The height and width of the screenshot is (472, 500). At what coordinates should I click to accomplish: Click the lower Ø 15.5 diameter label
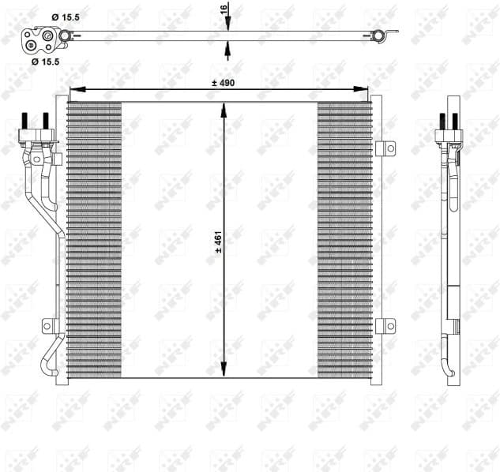45,60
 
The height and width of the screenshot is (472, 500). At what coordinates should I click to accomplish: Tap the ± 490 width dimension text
223,82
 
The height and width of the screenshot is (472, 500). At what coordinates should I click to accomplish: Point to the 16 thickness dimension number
224,9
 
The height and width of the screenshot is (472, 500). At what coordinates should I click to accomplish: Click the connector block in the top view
40,37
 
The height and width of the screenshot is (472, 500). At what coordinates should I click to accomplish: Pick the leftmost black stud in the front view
26,125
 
